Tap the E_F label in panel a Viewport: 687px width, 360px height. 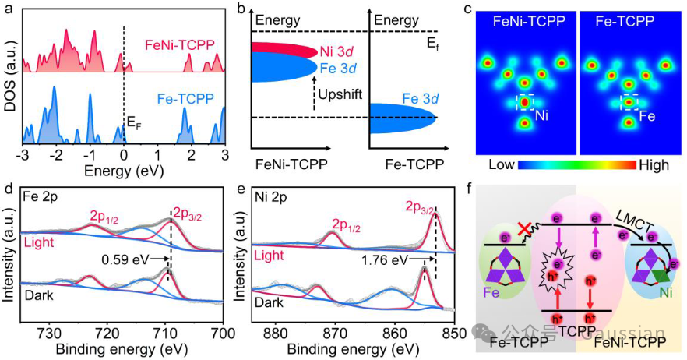click(x=136, y=122)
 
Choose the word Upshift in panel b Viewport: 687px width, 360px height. click(x=340, y=94)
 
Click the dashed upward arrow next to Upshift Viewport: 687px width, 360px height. click(x=309, y=98)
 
